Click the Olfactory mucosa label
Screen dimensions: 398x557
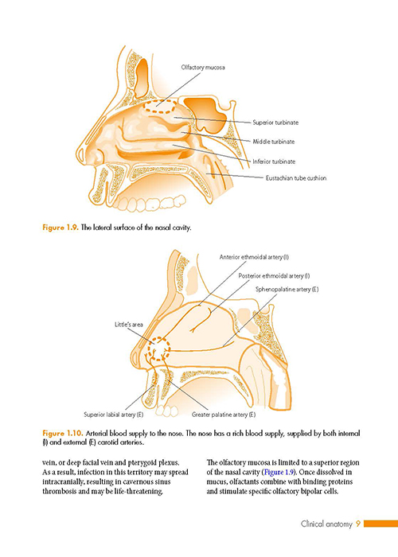point(203,67)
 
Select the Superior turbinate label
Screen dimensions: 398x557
point(275,123)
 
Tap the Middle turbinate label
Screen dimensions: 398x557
point(274,142)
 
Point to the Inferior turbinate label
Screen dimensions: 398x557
point(274,162)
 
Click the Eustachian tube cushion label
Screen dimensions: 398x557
point(296,178)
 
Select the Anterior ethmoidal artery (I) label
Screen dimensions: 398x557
point(254,257)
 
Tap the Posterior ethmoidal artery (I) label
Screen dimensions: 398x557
point(274,275)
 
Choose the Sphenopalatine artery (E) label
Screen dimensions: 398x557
point(287,290)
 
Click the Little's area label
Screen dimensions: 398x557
point(129,325)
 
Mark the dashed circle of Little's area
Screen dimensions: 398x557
point(159,338)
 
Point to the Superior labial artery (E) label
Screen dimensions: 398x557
point(113,415)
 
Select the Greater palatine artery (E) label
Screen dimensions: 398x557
point(224,415)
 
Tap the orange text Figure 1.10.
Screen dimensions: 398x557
point(63,434)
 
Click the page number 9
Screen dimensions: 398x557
point(358,524)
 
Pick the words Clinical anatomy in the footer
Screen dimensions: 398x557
point(326,524)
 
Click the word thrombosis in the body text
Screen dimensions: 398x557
point(60,492)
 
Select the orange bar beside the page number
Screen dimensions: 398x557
point(381,524)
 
